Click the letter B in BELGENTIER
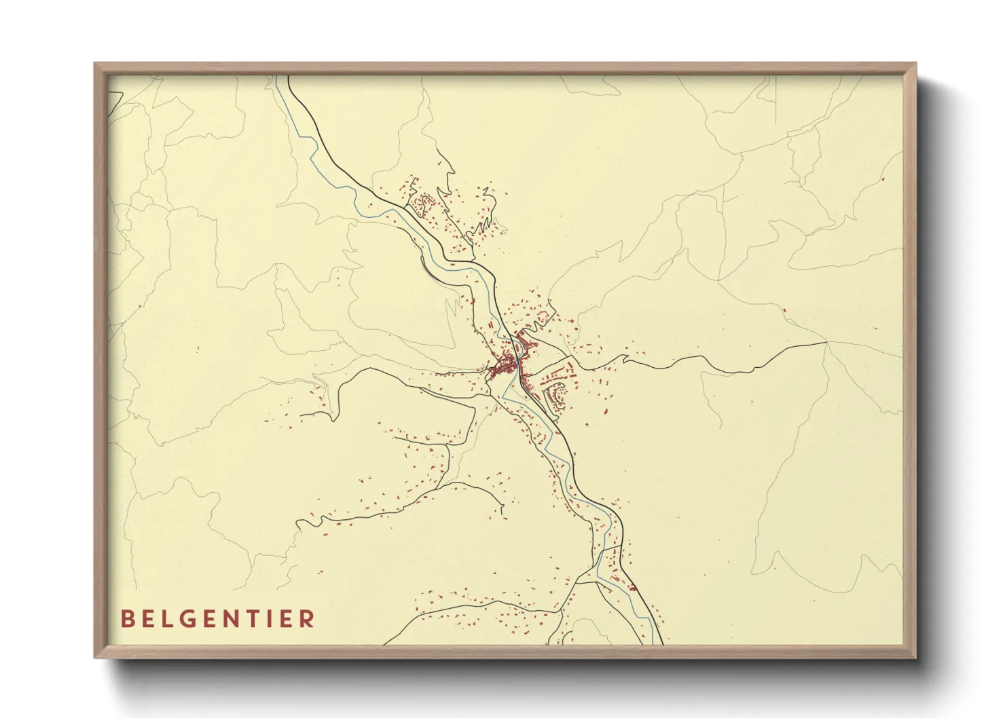pyautogui.click(x=127, y=619)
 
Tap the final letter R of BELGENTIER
pyautogui.click(x=309, y=619)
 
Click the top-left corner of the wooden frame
pyautogui.click(x=95, y=64)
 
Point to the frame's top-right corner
pyautogui.click(x=916, y=64)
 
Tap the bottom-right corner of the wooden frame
pyautogui.click(x=916, y=658)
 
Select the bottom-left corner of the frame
pyautogui.click(x=95, y=658)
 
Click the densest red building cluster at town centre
pyautogui.click(x=504, y=367)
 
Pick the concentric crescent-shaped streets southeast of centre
pyautogui.click(x=558, y=396)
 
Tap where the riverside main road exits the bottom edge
pyautogui.click(x=662, y=643)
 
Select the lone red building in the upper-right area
pyautogui.click(x=882, y=180)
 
